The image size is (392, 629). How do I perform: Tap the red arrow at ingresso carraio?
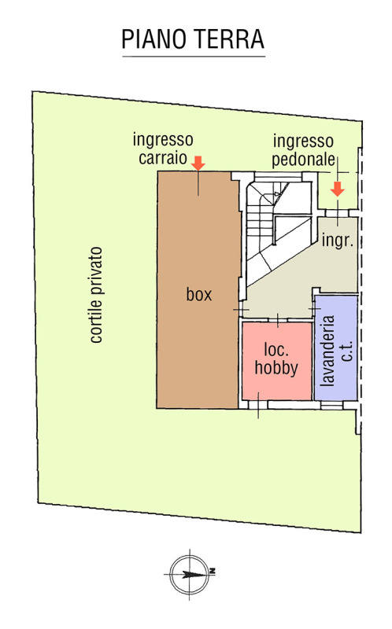pos(198,163)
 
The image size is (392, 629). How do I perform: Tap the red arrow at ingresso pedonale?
pos(338,189)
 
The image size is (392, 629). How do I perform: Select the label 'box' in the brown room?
pos(199,295)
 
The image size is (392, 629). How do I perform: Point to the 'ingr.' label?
pos(338,241)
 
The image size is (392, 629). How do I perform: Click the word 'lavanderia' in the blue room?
pos(327,351)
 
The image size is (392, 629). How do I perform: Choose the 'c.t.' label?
pos(347,351)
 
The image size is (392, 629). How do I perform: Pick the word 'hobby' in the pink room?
pos(276,368)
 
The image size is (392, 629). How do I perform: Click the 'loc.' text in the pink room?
pos(276,350)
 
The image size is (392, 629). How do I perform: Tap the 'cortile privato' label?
pos(96,295)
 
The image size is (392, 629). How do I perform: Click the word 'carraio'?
pos(163,158)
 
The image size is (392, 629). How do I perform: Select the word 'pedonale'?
pos(303,160)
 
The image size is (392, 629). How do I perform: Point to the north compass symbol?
pos(189,574)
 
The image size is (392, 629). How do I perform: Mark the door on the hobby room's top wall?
pos(278,320)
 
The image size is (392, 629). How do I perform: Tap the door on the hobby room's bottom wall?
pos(258,405)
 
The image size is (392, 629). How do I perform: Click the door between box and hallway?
pos(241,309)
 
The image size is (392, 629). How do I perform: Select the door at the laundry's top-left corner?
pos(315,308)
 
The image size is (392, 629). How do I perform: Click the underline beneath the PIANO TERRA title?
pos(194,57)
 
